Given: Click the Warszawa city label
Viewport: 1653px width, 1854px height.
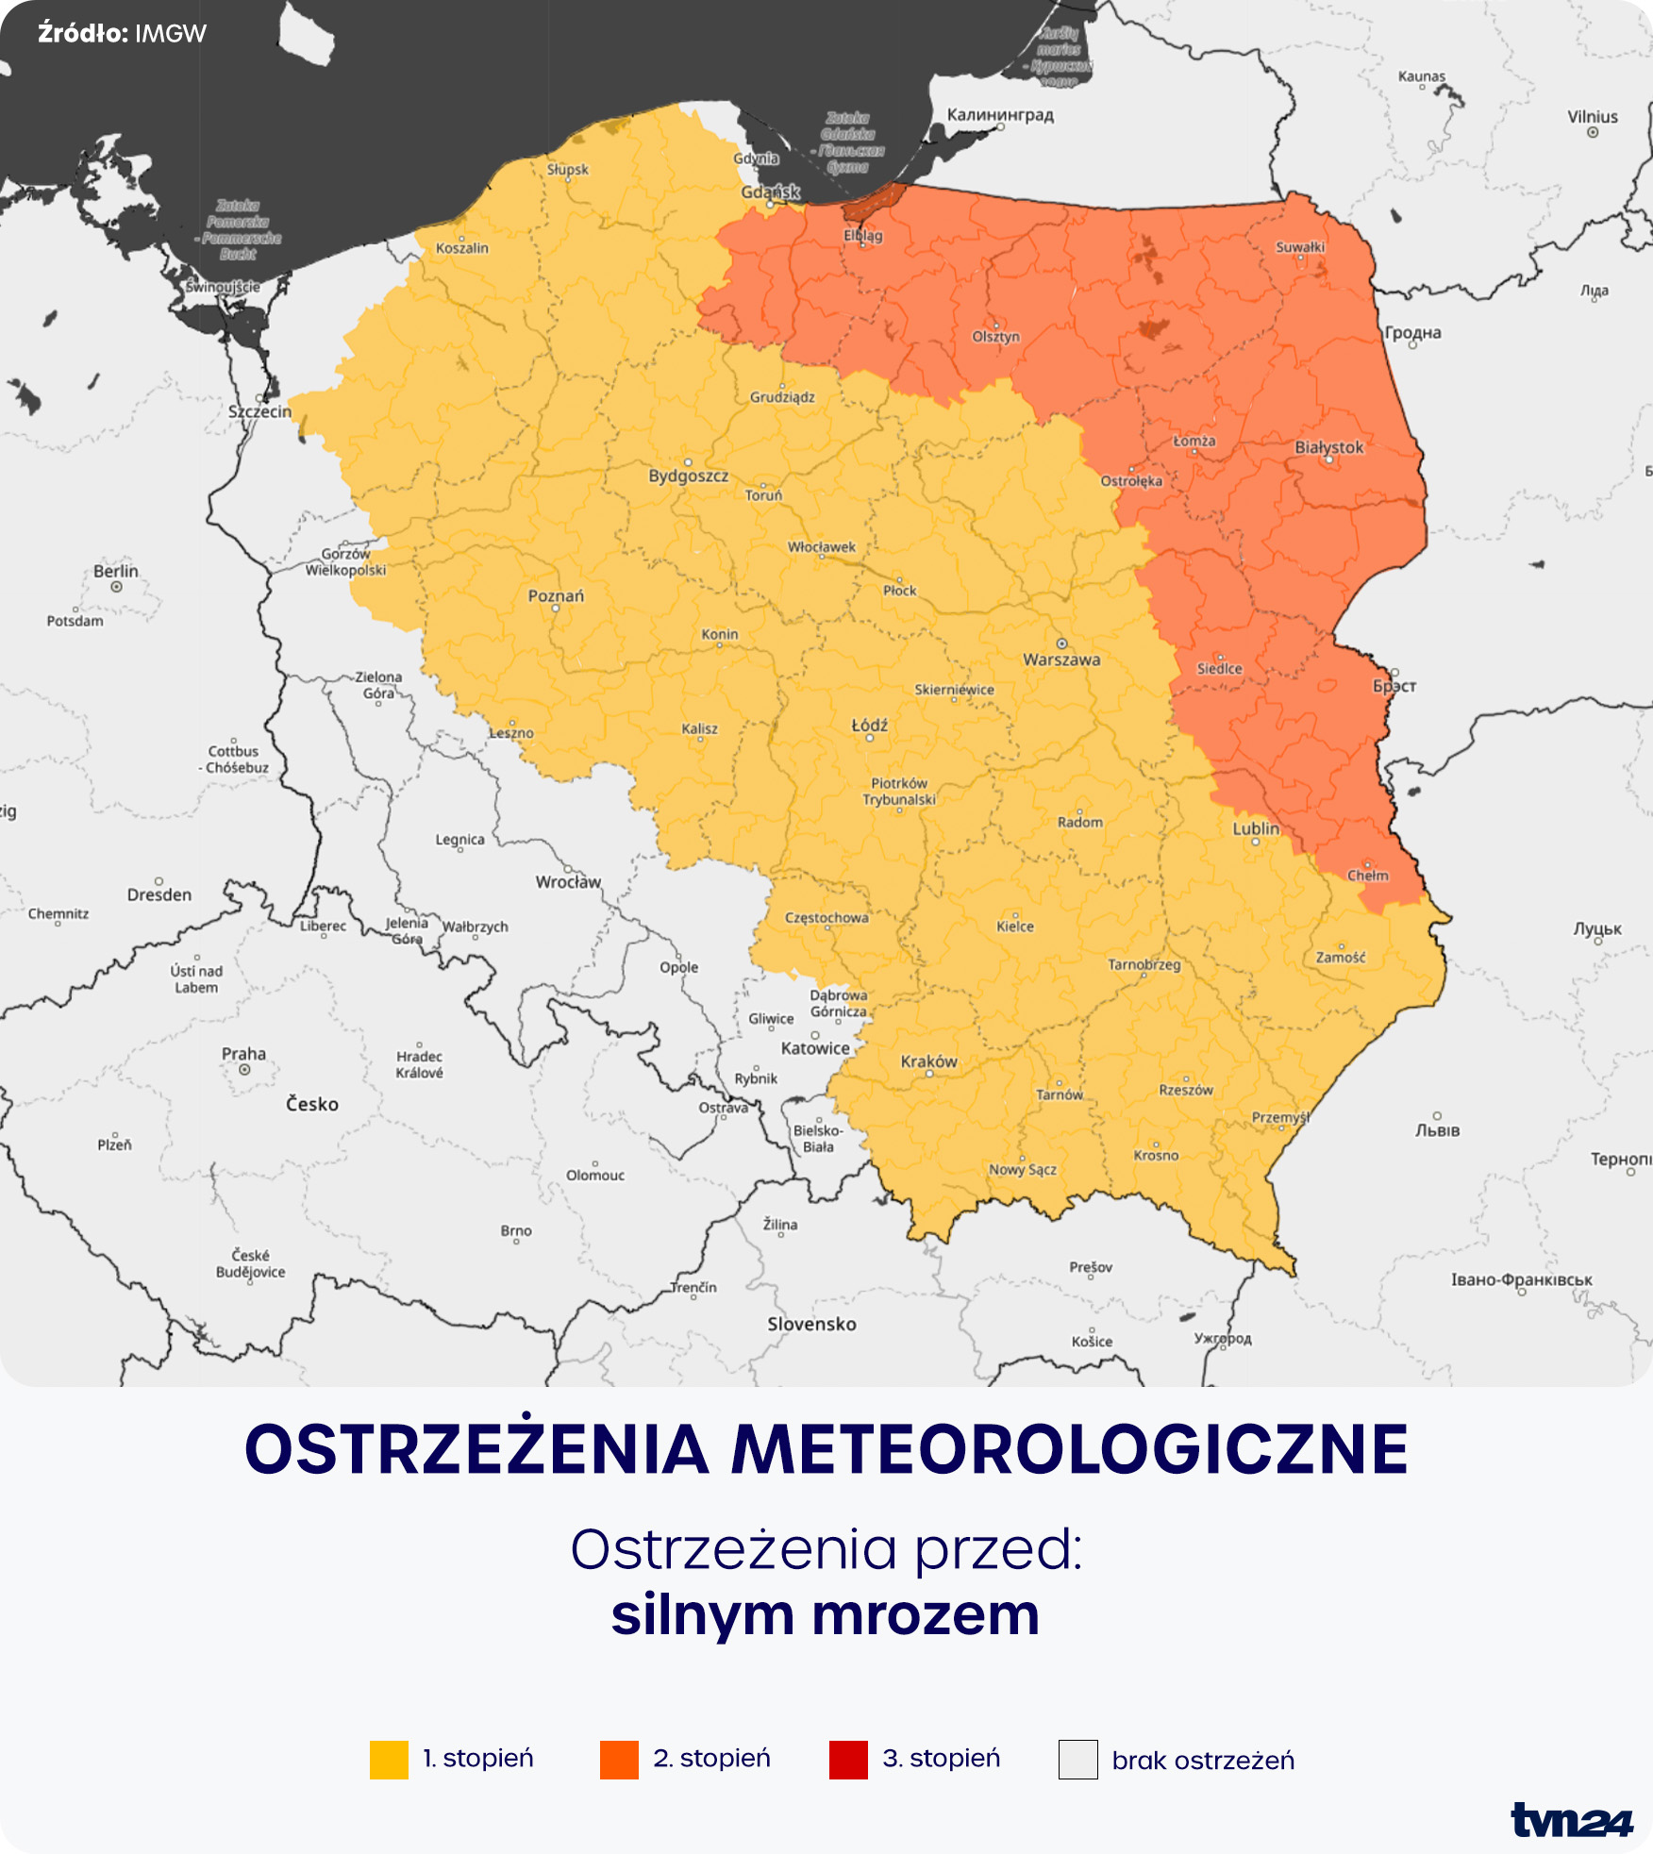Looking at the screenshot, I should click(x=1061, y=660).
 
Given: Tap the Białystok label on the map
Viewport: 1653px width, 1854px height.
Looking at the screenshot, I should click(x=1328, y=447).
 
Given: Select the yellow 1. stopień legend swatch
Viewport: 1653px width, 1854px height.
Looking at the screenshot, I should click(x=389, y=1760).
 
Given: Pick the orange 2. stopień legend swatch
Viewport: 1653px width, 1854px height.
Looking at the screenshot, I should click(x=619, y=1760).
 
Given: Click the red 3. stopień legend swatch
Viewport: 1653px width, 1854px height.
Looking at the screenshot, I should click(x=848, y=1760).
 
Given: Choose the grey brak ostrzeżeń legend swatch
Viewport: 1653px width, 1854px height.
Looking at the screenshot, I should click(x=1077, y=1760).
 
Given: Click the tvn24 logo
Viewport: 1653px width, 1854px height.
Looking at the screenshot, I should click(x=1571, y=1820).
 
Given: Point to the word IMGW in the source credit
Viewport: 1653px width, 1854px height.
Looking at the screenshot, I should click(x=171, y=34).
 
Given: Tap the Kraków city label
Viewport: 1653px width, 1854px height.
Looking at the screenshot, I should click(x=928, y=1061).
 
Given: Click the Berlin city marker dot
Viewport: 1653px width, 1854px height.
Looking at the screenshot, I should click(x=116, y=587).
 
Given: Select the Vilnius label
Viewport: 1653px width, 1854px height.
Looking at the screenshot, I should click(x=1593, y=117).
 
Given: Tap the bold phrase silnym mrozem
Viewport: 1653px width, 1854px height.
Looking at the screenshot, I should click(x=826, y=1615).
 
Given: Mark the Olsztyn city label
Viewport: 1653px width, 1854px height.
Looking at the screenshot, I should click(x=995, y=337).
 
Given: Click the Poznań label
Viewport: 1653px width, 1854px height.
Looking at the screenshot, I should click(x=556, y=595).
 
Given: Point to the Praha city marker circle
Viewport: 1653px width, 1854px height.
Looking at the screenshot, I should click(x=244, y=1070).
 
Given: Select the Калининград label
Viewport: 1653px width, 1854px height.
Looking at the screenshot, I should click(x=1000, y=115).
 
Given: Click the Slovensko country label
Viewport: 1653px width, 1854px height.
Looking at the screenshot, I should click(x=811, y=1324).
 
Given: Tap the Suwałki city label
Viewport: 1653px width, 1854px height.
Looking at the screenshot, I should click(x=1300, y=247).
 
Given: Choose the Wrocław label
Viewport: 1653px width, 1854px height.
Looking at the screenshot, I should click(x=568, y=882).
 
